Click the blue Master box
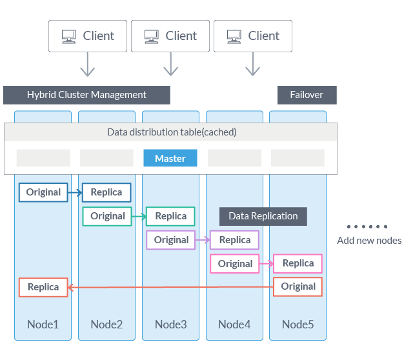170,158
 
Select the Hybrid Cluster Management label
86,95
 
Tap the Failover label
307,95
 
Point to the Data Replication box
263,216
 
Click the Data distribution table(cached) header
171,132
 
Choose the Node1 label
43,324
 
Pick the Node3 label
170,324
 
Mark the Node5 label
298,324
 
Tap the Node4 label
234,324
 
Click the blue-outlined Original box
43,192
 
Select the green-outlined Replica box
170,216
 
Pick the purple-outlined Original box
171,240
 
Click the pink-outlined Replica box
298,263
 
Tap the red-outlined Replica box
43,287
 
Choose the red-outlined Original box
298,286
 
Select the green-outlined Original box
107,216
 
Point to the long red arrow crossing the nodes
170,288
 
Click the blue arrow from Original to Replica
75,192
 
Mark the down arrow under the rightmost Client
253,65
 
